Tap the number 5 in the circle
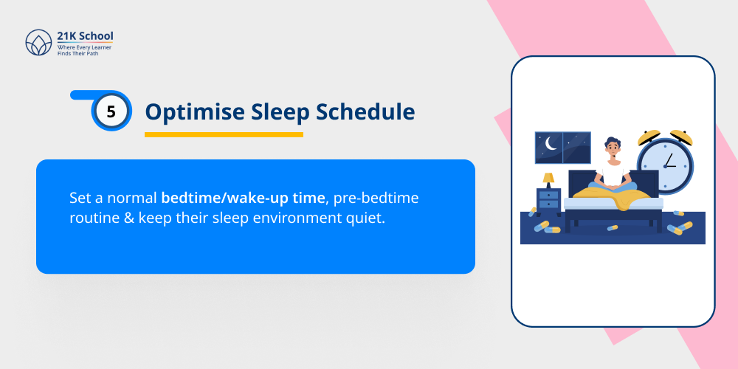(x=111, y=112)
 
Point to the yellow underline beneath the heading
(x=224, y=134)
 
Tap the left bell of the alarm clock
(x=649, y=137)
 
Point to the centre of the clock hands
(x=666, y=165)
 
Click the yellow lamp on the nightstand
(x=548, y=178)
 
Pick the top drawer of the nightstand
(x=548, y=195)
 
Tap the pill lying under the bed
(x=612, y=227)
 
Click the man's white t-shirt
(x=613, y=176)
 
